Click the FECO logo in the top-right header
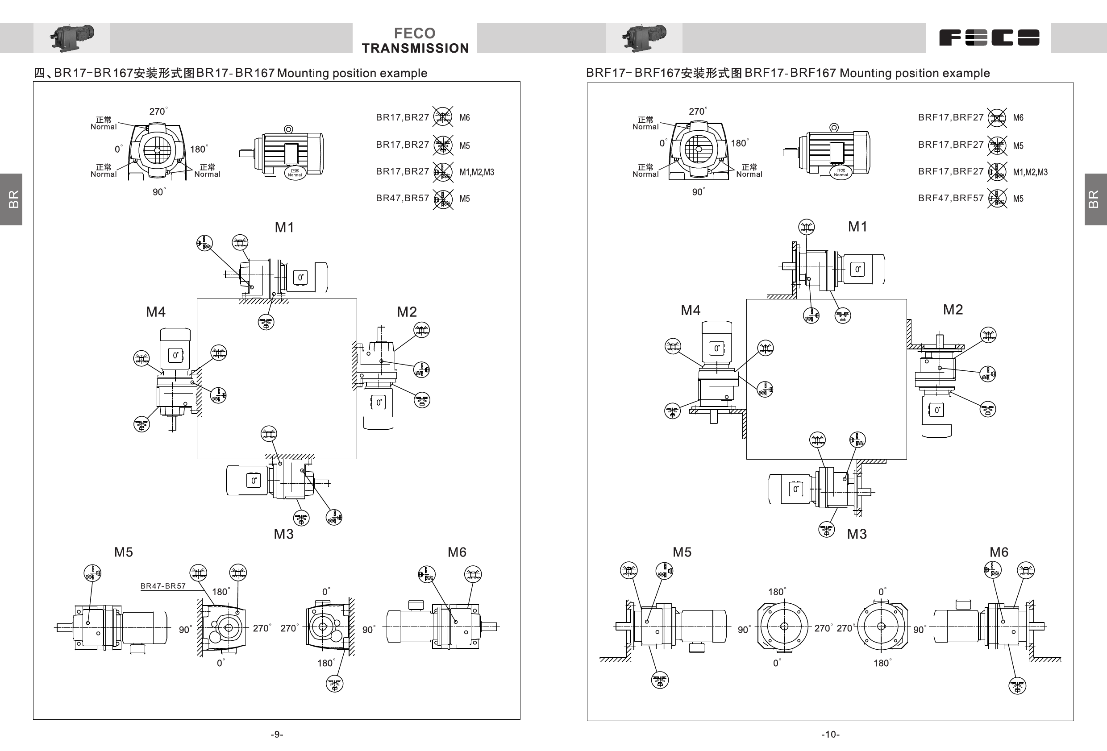989,37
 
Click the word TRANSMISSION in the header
415,48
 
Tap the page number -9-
277,734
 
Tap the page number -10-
830,734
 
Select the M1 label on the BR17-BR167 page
284,228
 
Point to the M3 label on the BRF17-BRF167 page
857,534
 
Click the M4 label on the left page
156,312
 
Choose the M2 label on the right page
953,310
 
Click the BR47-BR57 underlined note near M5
163,586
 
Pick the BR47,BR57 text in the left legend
402,198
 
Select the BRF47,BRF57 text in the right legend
950,198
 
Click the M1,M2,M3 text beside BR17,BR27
476,172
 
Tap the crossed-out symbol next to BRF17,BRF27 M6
996,118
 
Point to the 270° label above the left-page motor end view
158,112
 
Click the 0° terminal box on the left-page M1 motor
300,277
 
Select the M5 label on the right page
682,552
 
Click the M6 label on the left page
457,552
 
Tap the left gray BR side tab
12,199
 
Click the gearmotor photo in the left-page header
72,37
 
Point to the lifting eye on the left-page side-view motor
288,129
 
